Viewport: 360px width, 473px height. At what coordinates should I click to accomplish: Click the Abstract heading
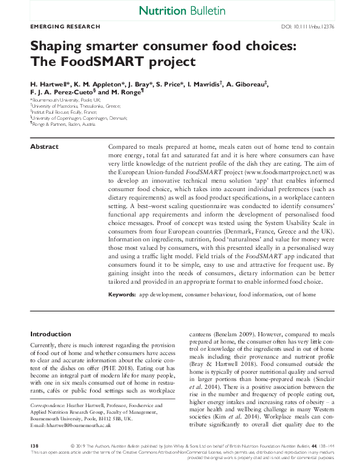click(44, 147)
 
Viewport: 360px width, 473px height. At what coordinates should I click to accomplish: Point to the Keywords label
click(122, 294)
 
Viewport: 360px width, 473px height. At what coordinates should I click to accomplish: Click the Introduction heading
click(50, 333)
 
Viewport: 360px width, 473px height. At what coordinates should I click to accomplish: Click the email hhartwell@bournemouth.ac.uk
click(77, 425)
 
